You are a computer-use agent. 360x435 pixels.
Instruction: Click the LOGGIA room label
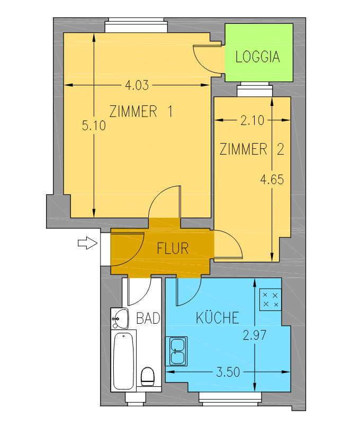257,57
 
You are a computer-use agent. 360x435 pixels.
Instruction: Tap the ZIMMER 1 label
141,112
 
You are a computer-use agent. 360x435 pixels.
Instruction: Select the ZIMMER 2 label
251,149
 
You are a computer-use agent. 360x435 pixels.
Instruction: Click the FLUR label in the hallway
173,248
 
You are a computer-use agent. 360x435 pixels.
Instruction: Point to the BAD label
148,318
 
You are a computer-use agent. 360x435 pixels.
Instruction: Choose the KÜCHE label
217,318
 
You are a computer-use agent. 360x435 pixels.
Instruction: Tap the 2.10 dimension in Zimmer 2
251,121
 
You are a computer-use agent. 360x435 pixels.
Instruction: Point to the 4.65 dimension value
272,180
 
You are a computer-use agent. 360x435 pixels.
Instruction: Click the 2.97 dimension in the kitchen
254,335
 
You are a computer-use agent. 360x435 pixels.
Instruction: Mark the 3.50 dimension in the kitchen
228,372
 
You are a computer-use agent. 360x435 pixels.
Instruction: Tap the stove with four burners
271,299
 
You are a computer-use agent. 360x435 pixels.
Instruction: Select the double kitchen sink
176,351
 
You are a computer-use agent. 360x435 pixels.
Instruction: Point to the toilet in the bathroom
148,377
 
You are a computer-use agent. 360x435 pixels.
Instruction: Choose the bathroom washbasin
120,319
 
